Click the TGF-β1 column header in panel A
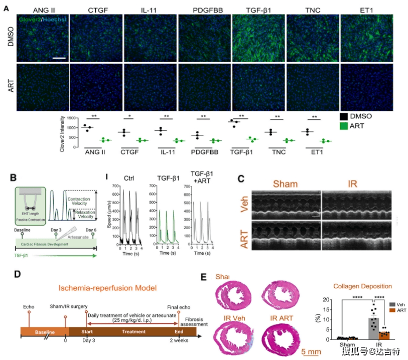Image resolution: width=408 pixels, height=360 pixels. tap(258, 10)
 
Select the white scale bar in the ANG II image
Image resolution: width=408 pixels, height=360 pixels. tap(59, 58)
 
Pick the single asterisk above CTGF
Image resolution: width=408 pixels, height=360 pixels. tap(130, 117)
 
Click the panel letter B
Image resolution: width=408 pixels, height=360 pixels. tap(15, 177)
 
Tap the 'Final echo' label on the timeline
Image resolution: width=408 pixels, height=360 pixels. tap(179, 306)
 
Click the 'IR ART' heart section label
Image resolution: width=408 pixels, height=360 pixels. tap(280, 318)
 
